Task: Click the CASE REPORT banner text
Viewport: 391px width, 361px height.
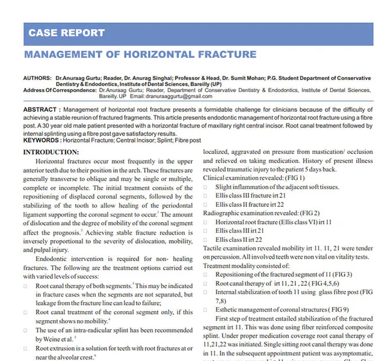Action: coord(67,33)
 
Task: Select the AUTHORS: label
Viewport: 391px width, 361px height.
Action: coord(37,79)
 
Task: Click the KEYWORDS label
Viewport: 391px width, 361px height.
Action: coord(42,140)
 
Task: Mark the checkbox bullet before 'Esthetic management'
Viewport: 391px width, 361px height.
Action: coord(206,310)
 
